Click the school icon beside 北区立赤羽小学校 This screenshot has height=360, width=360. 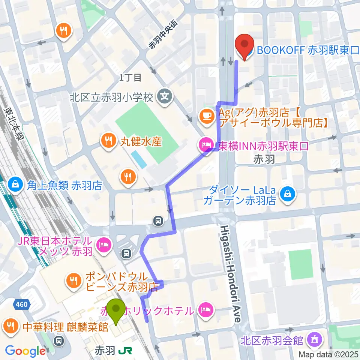pyautogui.click(x=164, y=96)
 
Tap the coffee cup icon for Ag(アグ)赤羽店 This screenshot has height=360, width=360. pyautogui.click(x=206, y=115)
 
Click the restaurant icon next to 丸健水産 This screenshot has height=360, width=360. pyautogui.click(x=108, y=141)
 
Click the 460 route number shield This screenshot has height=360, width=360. pyautogui.click(x=22, y=304)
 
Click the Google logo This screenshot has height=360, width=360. pyautogui.click(x=25, y=351)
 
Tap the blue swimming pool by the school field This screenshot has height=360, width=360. pyautogui.click(x=139, y=160)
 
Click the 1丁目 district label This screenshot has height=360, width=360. pyautogui.click(x=130, y=78)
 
